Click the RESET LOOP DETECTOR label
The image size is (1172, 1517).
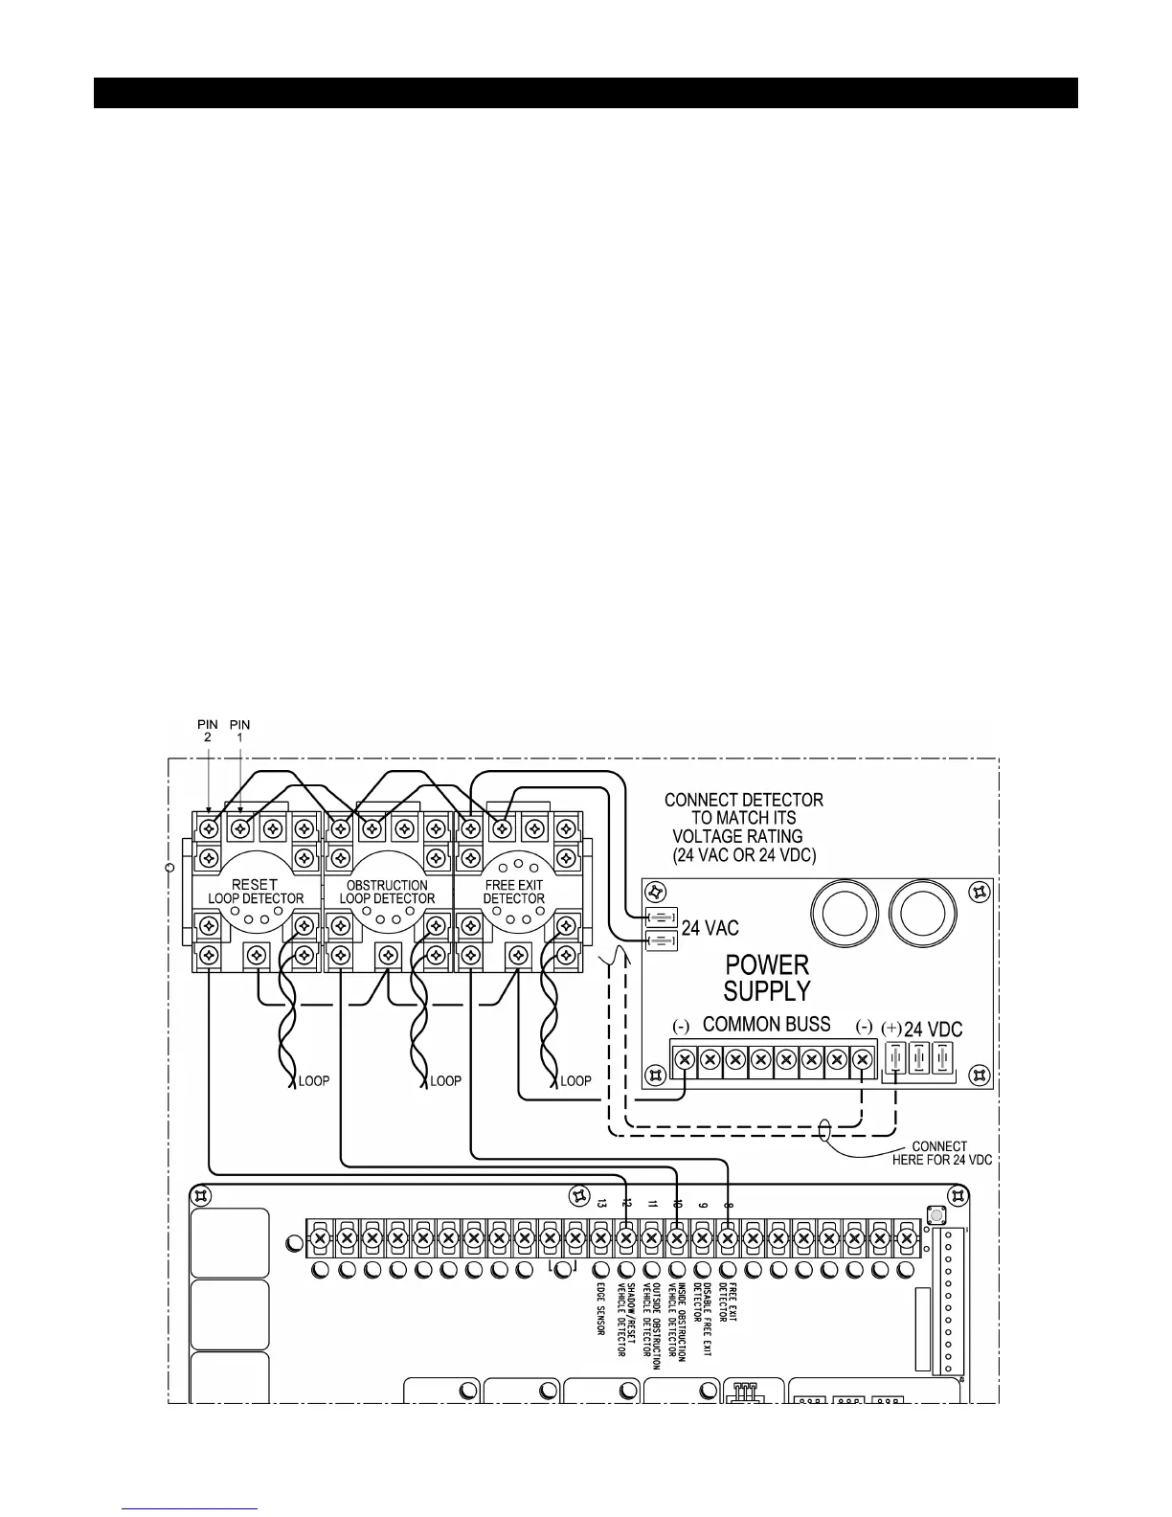pos(256,892)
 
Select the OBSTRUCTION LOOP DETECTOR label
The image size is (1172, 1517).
pos(387,892)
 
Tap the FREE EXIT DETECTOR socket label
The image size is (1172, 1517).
pos(514,892)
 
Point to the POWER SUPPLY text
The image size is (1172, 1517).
pos(767,978)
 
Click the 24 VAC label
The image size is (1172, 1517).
pos(710,928)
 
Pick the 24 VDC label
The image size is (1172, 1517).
pos(933,1030)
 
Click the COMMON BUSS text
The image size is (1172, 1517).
pos(767,1025)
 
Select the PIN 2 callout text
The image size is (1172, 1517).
pos(208,731)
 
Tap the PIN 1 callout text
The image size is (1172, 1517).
pos(239,731)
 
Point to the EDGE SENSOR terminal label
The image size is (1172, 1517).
pos(600,1314)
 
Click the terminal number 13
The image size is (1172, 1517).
pos(601,1203)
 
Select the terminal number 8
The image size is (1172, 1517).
pos(729,1203)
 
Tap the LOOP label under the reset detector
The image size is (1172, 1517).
pos(314,1081)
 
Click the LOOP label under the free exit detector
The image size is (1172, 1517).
pos(575,1081)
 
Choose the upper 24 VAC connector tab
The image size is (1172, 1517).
pos(663,917)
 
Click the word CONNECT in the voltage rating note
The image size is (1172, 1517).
pos(702,800)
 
